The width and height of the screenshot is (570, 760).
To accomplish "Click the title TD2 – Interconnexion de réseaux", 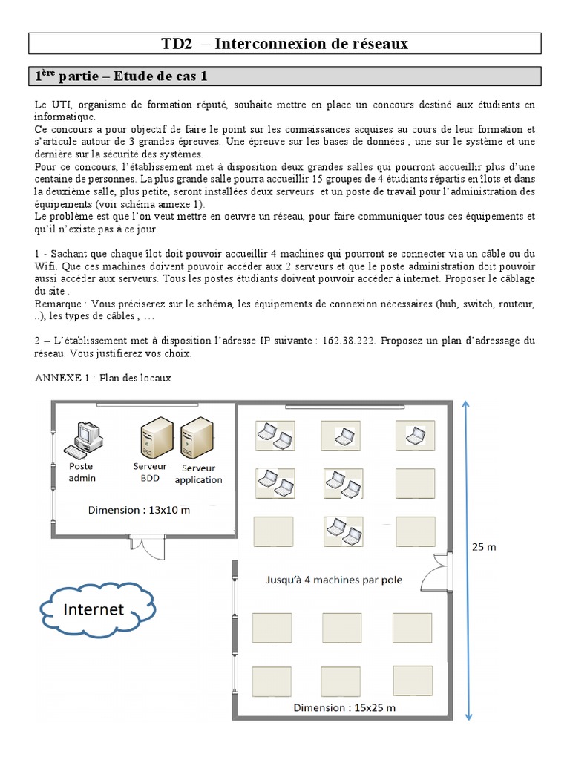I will click(x=285, y=44).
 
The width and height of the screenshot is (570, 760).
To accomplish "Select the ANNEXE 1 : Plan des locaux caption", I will click(x=102, y=378).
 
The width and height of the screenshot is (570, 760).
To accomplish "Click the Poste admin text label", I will click(x=82, y=472).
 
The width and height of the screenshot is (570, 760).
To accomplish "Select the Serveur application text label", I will click(x=198, y=474).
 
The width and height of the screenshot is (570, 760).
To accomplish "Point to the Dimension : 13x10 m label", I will click(x=139, y=510).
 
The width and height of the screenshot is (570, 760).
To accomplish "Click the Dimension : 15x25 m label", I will click(x=344, y=707).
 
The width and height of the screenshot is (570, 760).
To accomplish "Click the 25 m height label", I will click(x=484, y=547).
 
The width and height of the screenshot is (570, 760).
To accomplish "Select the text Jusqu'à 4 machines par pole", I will click(x=334, y=580).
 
